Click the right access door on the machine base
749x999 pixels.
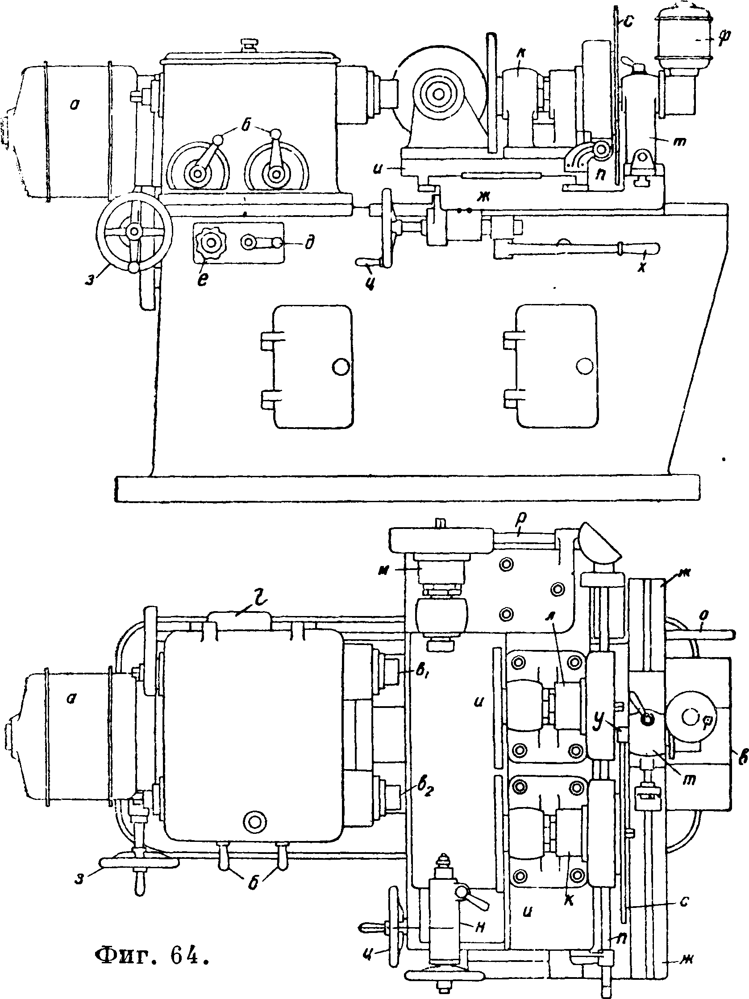(x=557, y=366)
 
